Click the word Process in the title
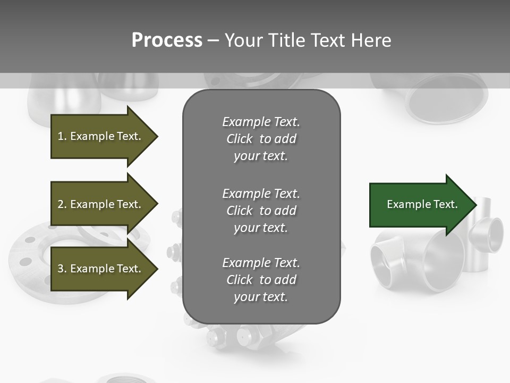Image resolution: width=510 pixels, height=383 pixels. pyautogui.click(x=167, y=40)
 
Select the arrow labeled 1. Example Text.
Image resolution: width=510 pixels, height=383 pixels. pyautogui.click(x=101, y=136)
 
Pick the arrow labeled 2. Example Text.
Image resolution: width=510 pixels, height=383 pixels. pyautogui.click(x=101, y=204)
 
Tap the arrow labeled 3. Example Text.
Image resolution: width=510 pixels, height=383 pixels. pyautogui.click(x=101, y=269)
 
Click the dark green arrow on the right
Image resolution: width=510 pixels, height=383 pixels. pyautogui.click(x=420, y=205)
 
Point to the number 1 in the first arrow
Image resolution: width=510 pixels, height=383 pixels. pyautogui.click(x=61, y=136)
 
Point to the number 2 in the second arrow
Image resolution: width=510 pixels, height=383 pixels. pyautogui.click(x=61, y=204)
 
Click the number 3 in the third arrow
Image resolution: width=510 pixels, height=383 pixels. pyautogui.click(x=61, y=269)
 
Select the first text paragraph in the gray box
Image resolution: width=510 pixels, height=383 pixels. pyautogui.click(x=261, y=139)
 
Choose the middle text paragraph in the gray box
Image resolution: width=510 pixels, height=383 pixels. pyautogui.click(x=261, y=211)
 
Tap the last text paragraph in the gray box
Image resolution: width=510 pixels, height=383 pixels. pyautogui.click(x=261, y=280)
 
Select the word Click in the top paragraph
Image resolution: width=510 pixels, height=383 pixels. pyautogui.click(x=239, y=139)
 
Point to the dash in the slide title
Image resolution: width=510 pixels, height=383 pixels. pyautogui.click(x=213, y=40)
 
